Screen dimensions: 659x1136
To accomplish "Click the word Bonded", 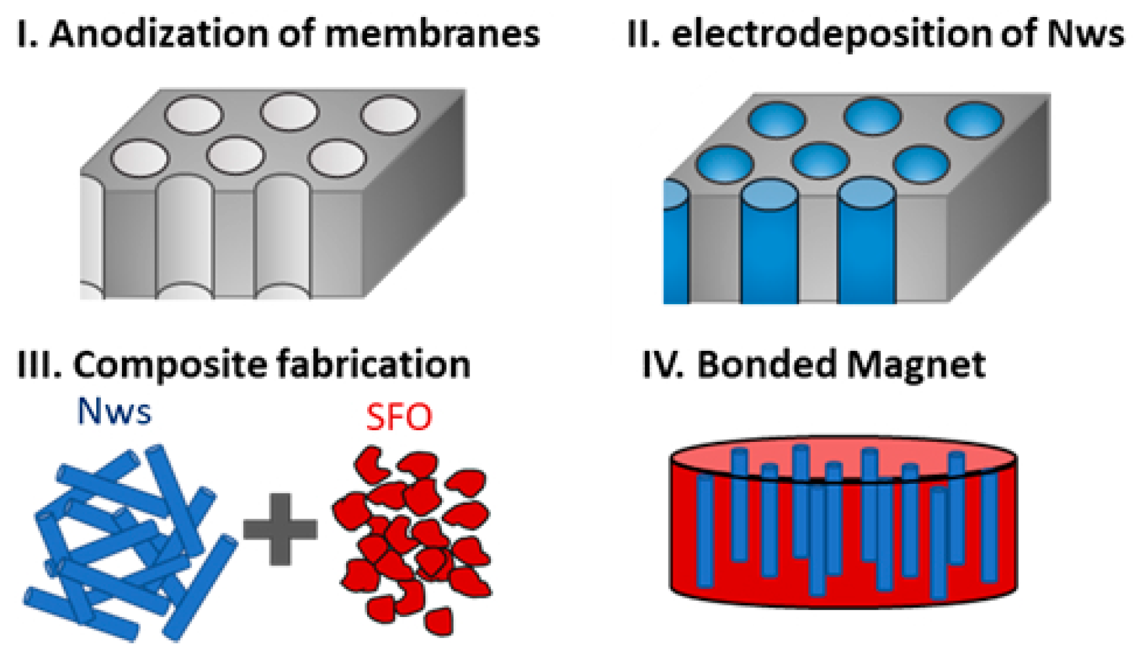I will [x=767, y=365].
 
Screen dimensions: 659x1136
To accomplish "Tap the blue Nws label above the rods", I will [x=114, y=412].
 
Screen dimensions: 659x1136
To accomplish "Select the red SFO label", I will [x=399, y=417].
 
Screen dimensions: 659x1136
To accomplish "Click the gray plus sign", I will [x=280, y=529].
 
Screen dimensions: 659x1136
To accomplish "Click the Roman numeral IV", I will [x=662, y=365].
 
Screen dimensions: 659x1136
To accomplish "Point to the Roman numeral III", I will [x=38, y=365].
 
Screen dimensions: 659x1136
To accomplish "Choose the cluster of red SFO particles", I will [x=413, y=538].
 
